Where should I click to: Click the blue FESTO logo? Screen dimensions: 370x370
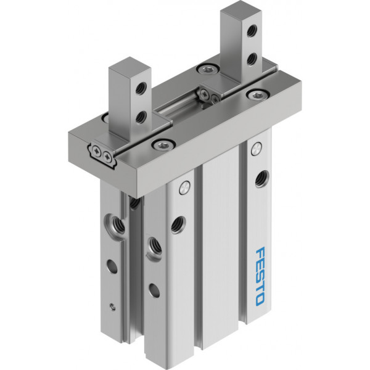pyautogui.click(x=260, y=276)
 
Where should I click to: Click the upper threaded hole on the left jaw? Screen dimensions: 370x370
pyautogui.click(x=141, y=88)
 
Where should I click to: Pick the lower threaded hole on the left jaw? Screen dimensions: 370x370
pyautogui.click(x=141, y=117)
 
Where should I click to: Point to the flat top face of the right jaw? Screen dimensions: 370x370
pyautogui.click(x=240, y=10)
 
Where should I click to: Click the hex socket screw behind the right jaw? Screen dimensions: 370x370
pyautogui.click(x=207, y=69)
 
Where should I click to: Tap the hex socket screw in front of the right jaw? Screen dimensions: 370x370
pyautogui.click(x=257, y=96)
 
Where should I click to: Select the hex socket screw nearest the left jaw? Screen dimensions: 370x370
pyautogui.click(x=163, y=145)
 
